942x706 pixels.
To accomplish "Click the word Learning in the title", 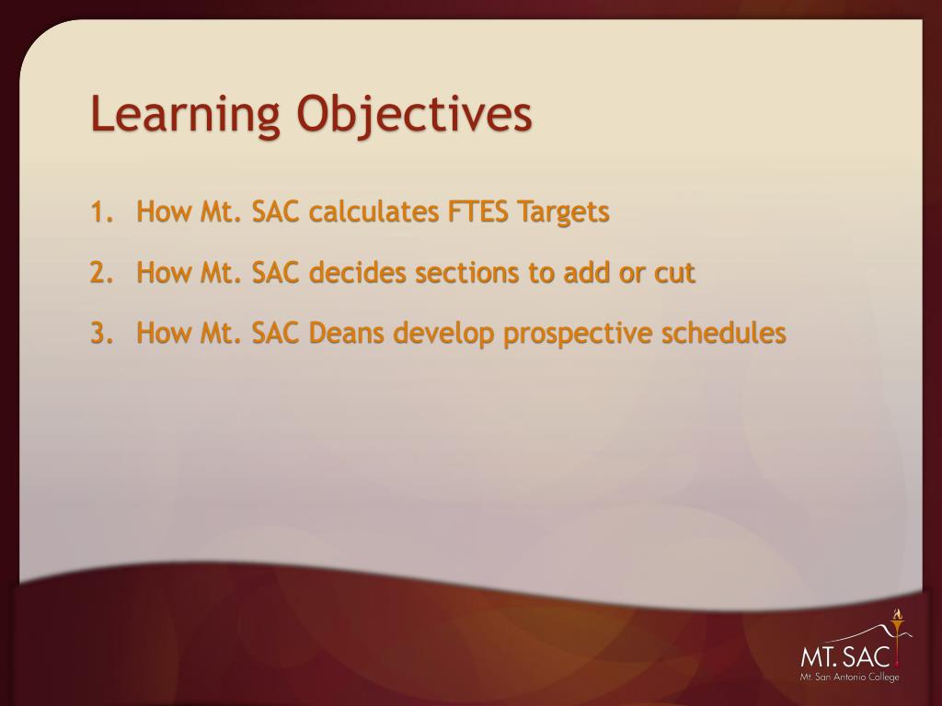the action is coord(185,115).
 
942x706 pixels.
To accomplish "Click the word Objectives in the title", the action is coord(415,115).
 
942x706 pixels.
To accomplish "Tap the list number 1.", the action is coord(101,212).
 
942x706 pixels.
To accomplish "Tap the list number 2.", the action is coord(101,272).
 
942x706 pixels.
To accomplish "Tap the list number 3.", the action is coord(101,333).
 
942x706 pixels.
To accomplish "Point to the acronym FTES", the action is coord(477,212).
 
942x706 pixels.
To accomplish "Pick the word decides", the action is coord(358,272).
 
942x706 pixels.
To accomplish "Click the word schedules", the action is coord(724,333).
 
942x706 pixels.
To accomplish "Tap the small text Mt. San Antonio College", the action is coord(849,678).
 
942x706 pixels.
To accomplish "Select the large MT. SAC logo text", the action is coord(844,656).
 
